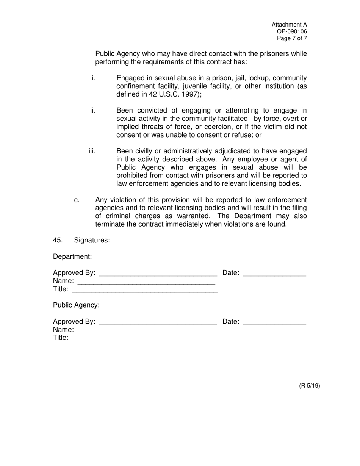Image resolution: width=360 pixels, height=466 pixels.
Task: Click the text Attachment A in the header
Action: coord(289,25)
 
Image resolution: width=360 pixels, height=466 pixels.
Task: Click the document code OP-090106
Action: coord(294,31)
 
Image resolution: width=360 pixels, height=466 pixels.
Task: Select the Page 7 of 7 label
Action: coord(292,38)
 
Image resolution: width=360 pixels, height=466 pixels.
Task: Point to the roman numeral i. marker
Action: coord(93,78)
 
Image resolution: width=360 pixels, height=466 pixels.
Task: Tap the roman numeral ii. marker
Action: coord(92,111)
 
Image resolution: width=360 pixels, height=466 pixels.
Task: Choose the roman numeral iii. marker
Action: coord(92,151)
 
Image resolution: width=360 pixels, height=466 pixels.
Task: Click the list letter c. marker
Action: coord(77,200)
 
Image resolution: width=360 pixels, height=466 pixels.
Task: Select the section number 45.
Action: coord(58,240)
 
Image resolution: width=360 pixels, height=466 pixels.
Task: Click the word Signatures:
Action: coord(92,240)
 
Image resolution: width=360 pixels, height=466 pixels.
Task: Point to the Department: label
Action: coord(72,256)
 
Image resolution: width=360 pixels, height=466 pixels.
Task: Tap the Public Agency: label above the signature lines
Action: coord(76,305)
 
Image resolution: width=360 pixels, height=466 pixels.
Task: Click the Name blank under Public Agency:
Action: coord(146,331)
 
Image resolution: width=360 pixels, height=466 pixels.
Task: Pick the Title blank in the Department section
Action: coord(144,291)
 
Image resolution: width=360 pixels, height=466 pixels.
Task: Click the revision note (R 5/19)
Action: coord(310,386)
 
